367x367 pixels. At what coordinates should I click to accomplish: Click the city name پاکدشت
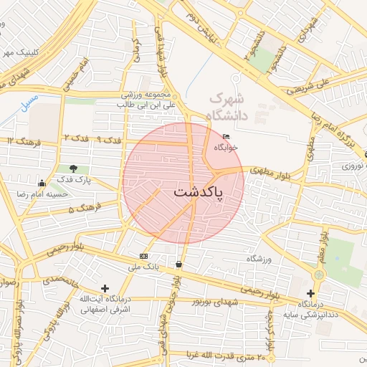pos(198,193)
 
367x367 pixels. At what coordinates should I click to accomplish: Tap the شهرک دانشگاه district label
pos(226,106)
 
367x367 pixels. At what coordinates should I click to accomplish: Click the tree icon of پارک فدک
pos(74,169)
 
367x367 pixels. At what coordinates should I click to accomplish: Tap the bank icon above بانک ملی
pos(144,256)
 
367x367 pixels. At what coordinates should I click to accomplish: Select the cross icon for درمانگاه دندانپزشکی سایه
pos(310,293)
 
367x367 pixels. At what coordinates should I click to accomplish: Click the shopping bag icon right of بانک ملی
pos(178,264)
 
